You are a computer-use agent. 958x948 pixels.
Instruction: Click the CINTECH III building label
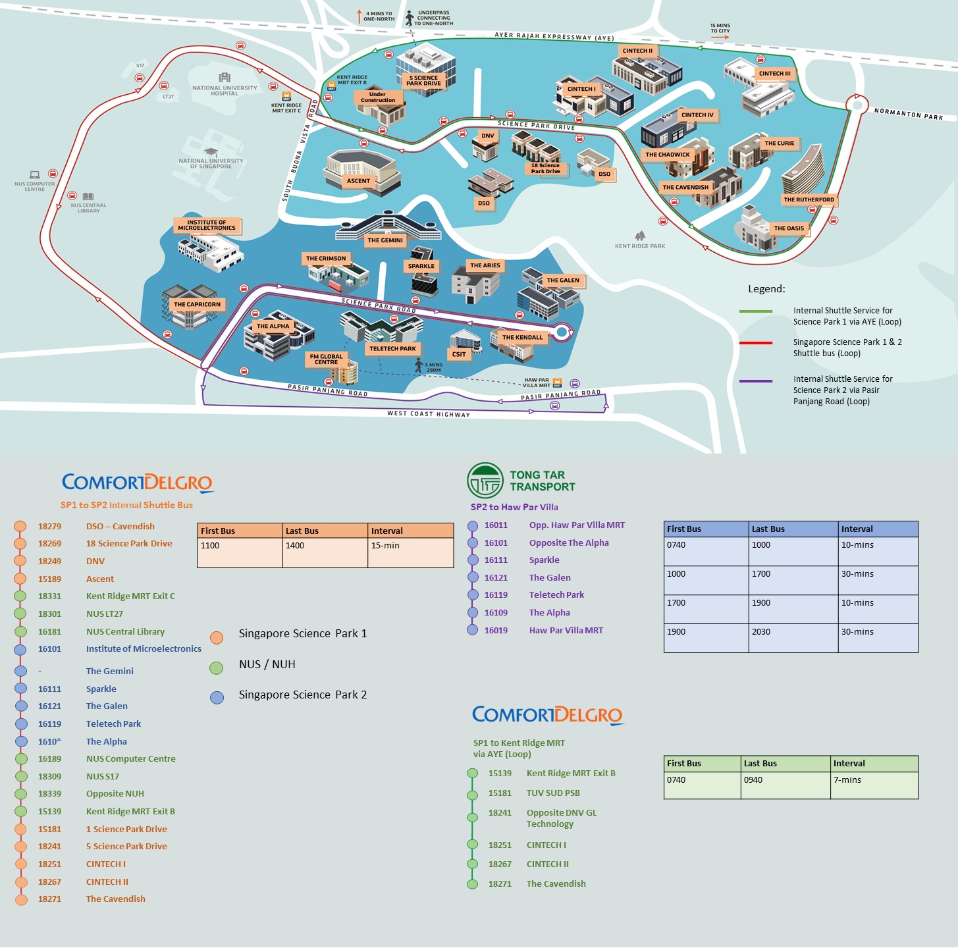point(774,74)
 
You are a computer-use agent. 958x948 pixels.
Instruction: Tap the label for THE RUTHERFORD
point(809,199)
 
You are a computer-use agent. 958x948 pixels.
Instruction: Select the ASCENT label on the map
point(358,180)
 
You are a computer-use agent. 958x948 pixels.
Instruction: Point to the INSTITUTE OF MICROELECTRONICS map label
point(207,225)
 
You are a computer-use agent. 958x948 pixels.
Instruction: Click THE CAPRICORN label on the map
point(197,304)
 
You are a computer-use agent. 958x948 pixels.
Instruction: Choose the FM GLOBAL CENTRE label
point(327,359)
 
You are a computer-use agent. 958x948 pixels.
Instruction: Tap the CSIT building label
point(459,354)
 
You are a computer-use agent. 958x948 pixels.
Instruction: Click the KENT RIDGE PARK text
point(640,246)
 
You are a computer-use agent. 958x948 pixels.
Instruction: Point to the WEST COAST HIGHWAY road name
point(429,414)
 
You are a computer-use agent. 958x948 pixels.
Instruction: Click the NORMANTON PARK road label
point(909,115)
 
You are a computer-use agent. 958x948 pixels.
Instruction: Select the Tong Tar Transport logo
point(521,481)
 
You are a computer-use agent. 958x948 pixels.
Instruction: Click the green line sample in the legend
point(755,311)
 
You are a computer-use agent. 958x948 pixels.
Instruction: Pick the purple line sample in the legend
point(755,381)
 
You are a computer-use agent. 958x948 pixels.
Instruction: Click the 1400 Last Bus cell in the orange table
point(295,546)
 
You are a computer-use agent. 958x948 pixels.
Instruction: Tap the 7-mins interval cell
point(847,780)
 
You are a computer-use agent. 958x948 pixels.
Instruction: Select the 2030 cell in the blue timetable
point(760,632)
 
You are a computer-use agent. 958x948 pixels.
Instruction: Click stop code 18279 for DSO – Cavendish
point(49,527)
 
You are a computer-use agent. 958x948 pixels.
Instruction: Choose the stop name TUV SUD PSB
point(553,793)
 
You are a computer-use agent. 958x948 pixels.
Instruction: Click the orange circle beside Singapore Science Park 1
point(217,637)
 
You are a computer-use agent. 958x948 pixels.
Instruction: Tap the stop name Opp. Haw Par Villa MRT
point(577,525)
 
